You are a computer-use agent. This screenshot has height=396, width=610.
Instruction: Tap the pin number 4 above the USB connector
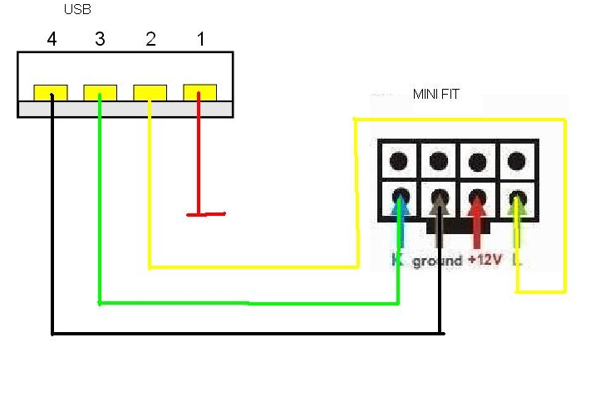tap(52, 39)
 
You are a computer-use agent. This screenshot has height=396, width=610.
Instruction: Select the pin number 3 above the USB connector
tap(101, 39)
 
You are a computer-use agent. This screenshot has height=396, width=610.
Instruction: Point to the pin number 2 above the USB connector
tap(150, 39)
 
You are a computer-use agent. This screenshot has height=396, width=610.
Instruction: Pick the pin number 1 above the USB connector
tap(199, 39)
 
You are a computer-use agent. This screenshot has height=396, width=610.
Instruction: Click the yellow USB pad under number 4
tap(51, 91)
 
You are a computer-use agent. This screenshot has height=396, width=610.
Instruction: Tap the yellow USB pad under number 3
tap(100, 91)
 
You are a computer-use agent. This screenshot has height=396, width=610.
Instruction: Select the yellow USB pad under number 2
tap(150, 91)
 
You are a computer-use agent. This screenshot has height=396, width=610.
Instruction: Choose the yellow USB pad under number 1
tap(199, 91)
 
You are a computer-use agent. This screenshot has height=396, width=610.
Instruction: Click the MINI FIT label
tap(435, 95)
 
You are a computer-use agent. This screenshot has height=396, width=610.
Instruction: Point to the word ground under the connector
tap(437, 261)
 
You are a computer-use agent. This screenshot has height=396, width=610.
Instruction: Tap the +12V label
tap(485, 260)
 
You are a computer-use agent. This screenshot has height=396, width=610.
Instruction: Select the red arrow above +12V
tap(478, 218)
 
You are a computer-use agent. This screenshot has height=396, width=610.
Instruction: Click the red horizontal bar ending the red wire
tap(206, 215)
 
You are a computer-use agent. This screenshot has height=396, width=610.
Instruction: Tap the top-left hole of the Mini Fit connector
tap(400, 160)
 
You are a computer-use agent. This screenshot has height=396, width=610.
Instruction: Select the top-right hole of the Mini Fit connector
tap(517, 160)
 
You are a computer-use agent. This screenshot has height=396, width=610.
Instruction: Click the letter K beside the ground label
tap(397, 261)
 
